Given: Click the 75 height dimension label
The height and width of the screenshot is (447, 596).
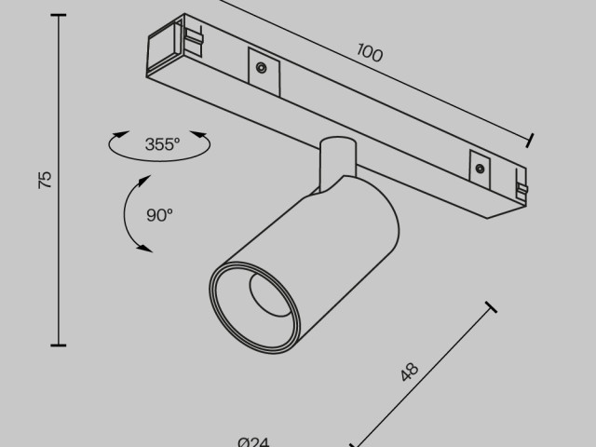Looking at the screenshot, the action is (46, 180).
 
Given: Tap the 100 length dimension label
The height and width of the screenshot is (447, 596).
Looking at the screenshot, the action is (370, 53).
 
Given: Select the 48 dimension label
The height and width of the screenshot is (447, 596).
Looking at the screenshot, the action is (410, 372).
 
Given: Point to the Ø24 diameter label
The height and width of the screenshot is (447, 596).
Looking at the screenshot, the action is (253, 442).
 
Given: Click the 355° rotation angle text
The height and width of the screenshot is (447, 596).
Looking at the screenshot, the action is (162, 144).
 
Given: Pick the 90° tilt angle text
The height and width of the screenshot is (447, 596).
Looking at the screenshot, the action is (159, 215).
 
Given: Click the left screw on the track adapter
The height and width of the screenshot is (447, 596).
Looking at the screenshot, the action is (261, 68).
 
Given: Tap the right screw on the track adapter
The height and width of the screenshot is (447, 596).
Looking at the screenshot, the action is (480, 169).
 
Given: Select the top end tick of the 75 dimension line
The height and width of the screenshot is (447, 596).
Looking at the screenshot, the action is (58, 15).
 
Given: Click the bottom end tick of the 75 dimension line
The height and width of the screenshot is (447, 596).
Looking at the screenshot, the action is (58, 345).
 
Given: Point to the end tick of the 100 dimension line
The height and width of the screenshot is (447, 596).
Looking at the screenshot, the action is (530, 141).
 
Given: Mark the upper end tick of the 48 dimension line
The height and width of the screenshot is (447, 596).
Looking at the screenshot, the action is (491, 307).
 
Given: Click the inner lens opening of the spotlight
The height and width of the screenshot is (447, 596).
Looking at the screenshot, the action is (269, 295).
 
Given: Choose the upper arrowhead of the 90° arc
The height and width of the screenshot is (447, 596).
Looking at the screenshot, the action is (144, 181).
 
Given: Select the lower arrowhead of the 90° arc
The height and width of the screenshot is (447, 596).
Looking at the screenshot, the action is (145, 249).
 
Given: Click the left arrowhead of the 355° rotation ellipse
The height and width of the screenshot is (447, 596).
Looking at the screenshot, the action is (120, 135).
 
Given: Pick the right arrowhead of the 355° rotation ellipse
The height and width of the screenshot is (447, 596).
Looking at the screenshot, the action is (198, 135).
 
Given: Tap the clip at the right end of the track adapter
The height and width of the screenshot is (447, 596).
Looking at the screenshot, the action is (521, 188).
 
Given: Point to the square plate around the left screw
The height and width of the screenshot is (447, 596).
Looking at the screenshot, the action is (264, 72).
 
